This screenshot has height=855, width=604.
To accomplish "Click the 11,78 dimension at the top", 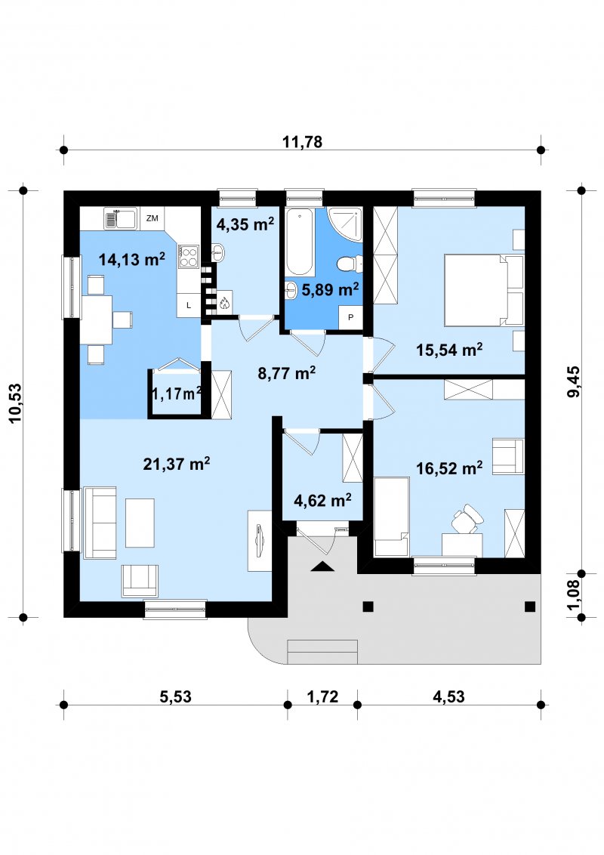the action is click(x=302, y=142).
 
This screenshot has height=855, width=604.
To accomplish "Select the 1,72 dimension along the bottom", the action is click(x=322, y=697).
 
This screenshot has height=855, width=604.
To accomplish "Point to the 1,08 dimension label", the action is click(x=574, y=595).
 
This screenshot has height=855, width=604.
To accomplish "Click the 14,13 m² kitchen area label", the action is click(x=131, y=259).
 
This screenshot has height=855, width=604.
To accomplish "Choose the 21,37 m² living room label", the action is click(x=176, y=464).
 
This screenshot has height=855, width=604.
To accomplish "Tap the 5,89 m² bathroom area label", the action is click(x=330, y=289).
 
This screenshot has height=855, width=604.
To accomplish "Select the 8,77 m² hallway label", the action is click(x=286, y=374).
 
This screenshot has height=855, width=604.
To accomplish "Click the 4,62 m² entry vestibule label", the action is click(x=322, y=500).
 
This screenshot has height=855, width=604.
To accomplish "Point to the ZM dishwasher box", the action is click(x=152, y=218).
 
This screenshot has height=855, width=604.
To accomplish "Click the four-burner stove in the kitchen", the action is click(x=188, y=256).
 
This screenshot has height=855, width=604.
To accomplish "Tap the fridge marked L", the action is click(x=189, y=305).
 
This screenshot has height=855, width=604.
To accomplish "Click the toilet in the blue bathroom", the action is click(x=347, y=264).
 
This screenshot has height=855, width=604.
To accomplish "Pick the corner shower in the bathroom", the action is click(x=346, y=224).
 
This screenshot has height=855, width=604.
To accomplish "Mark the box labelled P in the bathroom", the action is click(x=350, y=316).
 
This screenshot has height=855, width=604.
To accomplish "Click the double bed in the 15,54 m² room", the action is click(x=483, y=290).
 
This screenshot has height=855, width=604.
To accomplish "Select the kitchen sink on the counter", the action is click(x=120, y=219).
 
